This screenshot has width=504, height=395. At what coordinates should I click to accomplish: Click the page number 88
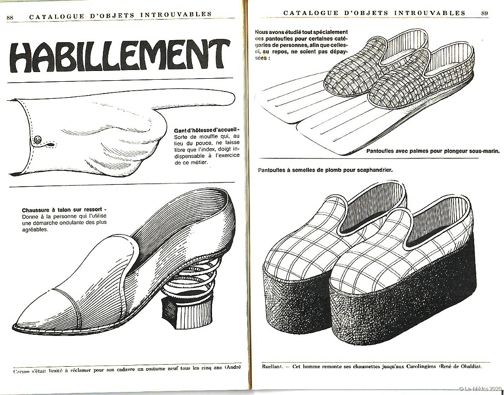pos(10,17)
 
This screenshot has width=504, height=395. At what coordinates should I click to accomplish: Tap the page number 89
pos(484,13)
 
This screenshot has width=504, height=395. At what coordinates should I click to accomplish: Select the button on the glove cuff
pos(38,140)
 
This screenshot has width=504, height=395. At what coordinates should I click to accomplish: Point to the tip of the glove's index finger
pos(235,98)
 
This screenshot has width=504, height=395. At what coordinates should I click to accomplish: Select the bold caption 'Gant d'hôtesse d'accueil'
pos(207,131)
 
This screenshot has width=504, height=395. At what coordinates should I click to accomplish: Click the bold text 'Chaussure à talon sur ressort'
pos(64,210)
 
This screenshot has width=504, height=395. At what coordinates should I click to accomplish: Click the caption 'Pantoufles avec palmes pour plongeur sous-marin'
pos(433,151)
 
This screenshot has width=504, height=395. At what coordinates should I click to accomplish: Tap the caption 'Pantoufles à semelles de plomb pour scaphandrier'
pos(325,170)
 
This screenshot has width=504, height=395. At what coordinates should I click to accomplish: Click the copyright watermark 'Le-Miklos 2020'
pos(480,389)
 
